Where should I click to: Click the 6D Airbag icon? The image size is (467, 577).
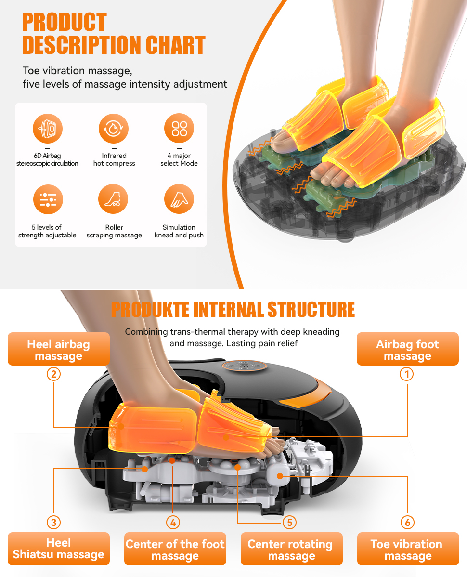[x=48, y=129]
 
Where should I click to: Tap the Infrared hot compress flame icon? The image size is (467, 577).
[x=113, y=129]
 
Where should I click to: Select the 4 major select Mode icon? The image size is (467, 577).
[x=179, y=128]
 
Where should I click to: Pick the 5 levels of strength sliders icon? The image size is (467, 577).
[x=48, y=199]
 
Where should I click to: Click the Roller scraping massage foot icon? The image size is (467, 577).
[x=113, y=199]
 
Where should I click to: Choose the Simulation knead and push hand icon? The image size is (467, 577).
[x=179, y=199]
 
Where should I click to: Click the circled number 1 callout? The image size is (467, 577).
[x=407, y=374]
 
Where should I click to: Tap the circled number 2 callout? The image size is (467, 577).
[x=54, y=374]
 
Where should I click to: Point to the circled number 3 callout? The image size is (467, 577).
[x=54, y=522]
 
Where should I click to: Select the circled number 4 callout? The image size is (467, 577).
[x=173, y=522]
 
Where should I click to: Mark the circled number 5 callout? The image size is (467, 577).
[x=290, y=522]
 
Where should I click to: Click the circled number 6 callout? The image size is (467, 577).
[x=407, y=522]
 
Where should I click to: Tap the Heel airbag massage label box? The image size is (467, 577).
[x=59, y=349]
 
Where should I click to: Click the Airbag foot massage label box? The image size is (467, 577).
[x=408, y=349]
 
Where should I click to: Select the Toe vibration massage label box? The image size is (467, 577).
[x=408, y=549]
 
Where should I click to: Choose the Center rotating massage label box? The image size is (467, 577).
[x=292, y=549]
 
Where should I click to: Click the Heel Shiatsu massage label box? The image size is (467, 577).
[x=59, y=549]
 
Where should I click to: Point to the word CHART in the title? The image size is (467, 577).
[x=175, y=45]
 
